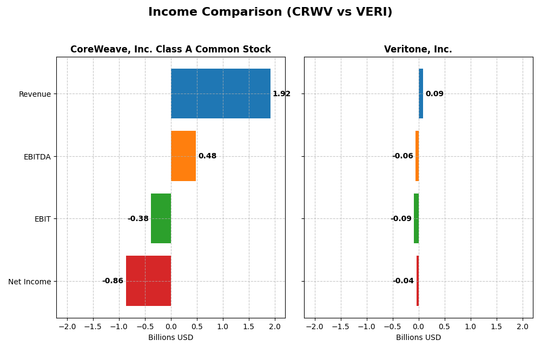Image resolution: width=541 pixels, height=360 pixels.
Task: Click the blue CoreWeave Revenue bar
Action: click(221, 94)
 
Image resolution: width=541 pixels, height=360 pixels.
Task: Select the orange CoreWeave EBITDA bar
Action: click(183, 156)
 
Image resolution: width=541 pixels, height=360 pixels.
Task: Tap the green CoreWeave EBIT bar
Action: click(161, 218)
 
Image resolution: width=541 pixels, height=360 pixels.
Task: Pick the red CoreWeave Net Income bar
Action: click(148, 281)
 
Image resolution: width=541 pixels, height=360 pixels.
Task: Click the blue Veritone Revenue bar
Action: click(421, 94)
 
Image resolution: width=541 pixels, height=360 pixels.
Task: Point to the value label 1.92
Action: click(281, 94)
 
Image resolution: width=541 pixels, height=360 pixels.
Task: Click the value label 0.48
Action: click(207, 156)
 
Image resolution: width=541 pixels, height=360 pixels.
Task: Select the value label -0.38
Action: click(138, 219)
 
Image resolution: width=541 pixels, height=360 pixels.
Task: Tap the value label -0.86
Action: click(113, 281)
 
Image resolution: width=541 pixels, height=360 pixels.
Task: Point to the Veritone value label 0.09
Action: click(434, 94)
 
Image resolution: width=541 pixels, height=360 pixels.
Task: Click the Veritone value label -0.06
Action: click(403, 156)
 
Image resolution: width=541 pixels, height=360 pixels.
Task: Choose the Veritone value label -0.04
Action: click(403, 281)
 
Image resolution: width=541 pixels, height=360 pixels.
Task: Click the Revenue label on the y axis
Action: click(35, 95)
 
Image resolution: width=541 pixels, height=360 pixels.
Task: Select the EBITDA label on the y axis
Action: click(37, 157)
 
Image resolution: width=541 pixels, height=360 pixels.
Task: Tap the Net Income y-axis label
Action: click(30, 282)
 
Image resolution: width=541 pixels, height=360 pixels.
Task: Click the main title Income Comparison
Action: click(270, 12)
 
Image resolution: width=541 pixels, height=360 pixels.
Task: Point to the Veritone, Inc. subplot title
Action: click(418, 50)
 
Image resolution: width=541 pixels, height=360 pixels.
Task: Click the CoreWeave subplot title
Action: click(170, 50)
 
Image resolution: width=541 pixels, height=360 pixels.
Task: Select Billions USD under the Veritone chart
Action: click(418, 338)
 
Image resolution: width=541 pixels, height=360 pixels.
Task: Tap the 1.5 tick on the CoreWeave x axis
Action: click(249, 327)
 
